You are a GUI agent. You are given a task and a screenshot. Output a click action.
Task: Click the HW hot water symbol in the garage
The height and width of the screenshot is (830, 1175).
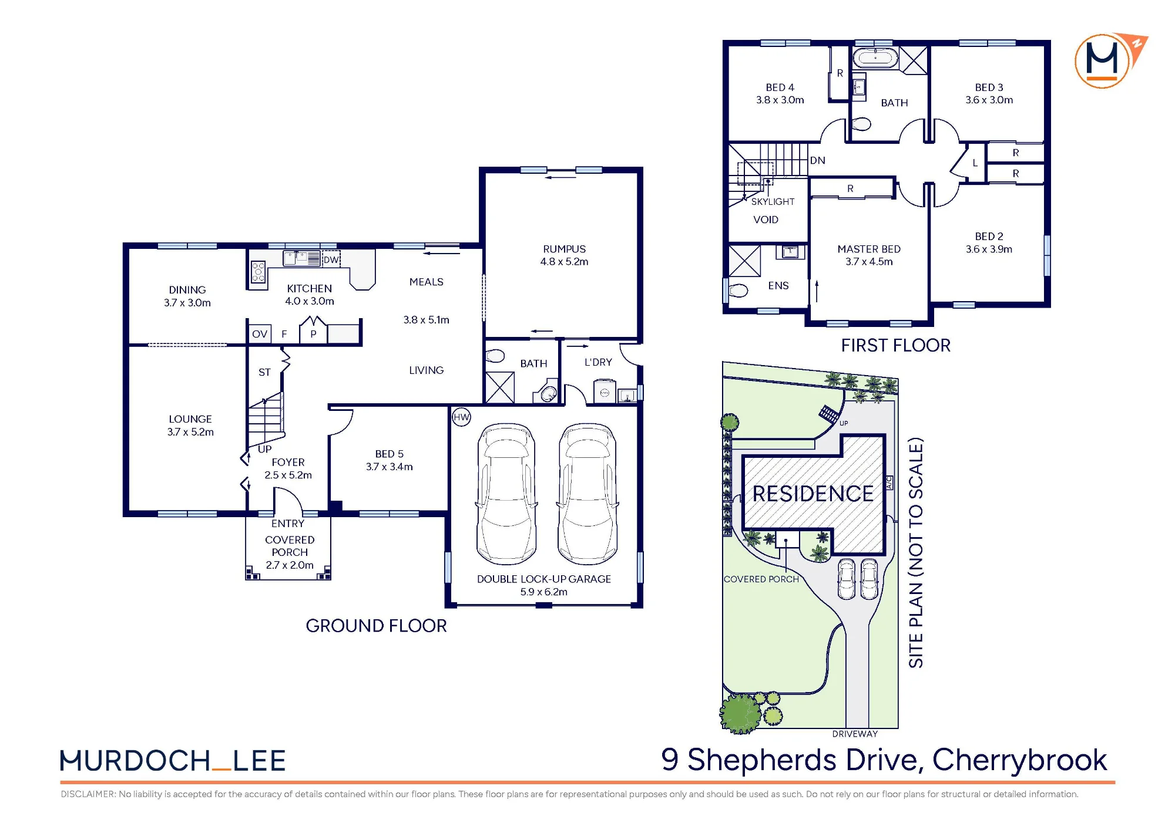pyautogui.click(x=462, y=417)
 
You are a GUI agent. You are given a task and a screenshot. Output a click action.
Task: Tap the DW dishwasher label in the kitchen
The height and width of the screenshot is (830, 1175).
pyautogui.click(x=331, y=259)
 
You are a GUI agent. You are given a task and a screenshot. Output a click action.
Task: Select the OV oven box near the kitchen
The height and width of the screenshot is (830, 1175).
pyautogui.click(x=260, y=334)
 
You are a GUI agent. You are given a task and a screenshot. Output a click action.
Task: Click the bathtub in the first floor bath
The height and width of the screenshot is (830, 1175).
pyautogui.click(x=875, y=58)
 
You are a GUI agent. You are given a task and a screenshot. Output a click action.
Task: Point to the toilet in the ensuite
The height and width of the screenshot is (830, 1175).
pyautogui.click(x=738, y=290)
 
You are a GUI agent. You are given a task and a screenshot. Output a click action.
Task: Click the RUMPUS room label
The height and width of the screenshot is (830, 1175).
pyautogui.click(x=564, y=249)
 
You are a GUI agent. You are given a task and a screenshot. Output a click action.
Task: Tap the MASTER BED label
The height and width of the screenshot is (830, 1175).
pyautogui.click(x=869, y=249)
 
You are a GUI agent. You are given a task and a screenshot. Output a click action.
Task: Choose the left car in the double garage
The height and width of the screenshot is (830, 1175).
pyautogui.click(x=506, y=494)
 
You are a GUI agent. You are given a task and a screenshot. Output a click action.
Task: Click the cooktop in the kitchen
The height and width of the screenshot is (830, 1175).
pyautogui.click(x=258, y=272)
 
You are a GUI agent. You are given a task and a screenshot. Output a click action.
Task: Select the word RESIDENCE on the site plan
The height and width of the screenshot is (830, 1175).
pyautogui.click(x=813, y=494)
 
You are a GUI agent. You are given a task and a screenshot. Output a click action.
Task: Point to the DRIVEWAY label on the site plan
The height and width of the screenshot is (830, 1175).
pyautogui.click(x=855, y=734)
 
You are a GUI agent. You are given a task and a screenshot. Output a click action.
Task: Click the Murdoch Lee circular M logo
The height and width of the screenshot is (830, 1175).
pyautogui.click(x=1102, y=61)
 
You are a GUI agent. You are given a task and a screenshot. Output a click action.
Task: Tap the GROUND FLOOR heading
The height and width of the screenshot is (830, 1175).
pyautogui.click(x=376, y=626)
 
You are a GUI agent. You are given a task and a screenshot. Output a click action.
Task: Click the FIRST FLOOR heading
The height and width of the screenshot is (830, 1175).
pyautogui.click(x=895, y=345)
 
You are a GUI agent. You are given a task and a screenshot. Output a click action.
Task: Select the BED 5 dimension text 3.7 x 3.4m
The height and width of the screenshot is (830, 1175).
pyautogui.click(x=390, y=467)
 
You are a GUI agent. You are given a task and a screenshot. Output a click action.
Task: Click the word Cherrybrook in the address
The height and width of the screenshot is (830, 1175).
pyautogui.click(x=1019, y=760)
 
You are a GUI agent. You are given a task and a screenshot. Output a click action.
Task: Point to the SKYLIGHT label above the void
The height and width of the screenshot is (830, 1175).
pyautogui.click(x=773, y=201)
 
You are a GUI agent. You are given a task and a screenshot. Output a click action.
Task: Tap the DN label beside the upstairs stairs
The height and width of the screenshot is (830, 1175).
pyautogui.click(x=818, y=160)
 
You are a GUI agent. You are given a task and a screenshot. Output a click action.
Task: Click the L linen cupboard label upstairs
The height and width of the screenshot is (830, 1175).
pyautogui.click(x=975, y=163)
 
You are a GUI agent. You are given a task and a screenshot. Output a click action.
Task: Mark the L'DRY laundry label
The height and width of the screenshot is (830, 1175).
pyautogui.click(x=598, y=362)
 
